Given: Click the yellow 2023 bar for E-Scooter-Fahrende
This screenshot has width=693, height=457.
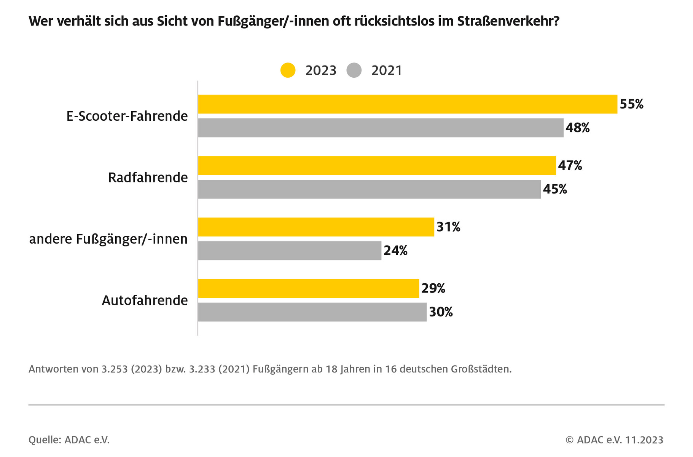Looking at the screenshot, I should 407,104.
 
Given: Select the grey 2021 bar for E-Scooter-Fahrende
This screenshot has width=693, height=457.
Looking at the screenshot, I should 381,128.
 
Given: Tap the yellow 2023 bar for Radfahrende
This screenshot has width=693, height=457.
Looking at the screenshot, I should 377,166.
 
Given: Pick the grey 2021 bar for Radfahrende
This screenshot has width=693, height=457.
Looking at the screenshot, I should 369,189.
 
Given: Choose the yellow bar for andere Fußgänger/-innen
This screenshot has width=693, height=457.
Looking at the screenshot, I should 316,227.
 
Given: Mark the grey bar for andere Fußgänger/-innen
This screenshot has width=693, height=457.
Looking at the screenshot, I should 289,251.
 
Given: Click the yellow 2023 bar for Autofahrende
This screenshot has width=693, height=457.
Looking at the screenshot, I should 308,288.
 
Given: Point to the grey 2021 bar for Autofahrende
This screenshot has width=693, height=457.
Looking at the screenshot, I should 312,312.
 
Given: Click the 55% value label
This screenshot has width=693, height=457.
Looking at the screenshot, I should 631,104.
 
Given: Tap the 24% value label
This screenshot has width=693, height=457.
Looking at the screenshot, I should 395,251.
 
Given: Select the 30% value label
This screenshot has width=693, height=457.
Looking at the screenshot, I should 441,312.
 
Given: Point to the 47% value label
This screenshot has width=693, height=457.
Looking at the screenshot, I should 570,166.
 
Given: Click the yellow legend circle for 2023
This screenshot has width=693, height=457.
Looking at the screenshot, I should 288,70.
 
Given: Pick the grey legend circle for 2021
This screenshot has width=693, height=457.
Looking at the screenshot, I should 354,70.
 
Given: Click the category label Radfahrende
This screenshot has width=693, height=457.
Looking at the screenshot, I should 148,177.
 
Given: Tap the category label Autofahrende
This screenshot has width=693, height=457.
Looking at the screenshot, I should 145,300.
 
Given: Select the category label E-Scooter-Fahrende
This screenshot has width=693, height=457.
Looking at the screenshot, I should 127,116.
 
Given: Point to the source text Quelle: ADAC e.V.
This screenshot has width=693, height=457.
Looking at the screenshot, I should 69,440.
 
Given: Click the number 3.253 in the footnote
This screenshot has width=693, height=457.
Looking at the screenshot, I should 114,369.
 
